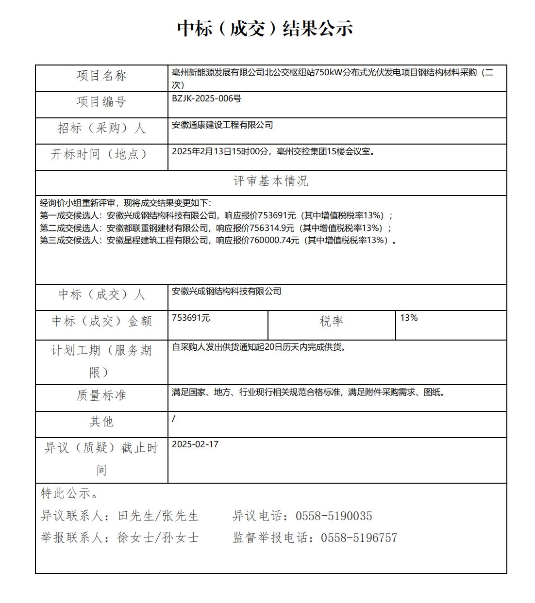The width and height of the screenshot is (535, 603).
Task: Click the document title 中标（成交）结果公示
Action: click(265, 29)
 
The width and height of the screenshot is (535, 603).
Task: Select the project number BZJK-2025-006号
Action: click(206, 98)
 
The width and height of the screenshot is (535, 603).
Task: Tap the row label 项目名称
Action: click(101, 76)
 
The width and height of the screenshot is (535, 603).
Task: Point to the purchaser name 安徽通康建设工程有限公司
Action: click(222, 125)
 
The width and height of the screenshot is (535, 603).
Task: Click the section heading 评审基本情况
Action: click(270, 181)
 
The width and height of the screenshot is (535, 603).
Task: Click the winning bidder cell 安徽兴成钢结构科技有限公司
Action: click(226, 291)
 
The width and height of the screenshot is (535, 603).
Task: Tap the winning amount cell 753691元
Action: click(191, 318)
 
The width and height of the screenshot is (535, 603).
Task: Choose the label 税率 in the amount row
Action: click(332, 321)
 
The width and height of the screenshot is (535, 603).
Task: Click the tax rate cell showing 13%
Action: click(409, 318)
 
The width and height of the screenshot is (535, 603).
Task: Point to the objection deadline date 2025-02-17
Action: click(195, 444)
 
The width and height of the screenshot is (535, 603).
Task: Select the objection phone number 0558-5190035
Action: click(334, 516)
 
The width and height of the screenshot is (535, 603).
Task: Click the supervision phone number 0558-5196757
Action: click(359, 538)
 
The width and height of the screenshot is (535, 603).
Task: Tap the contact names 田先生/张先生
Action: click(158, 516)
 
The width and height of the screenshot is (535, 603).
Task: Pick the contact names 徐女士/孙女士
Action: click(158, 538)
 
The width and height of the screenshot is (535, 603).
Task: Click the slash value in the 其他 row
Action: click(174, 418)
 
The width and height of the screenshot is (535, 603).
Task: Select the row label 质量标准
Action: click(101, 395)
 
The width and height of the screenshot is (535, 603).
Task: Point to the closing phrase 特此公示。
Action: click(70, 494)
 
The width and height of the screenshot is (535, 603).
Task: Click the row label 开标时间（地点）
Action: click(99, 154)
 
